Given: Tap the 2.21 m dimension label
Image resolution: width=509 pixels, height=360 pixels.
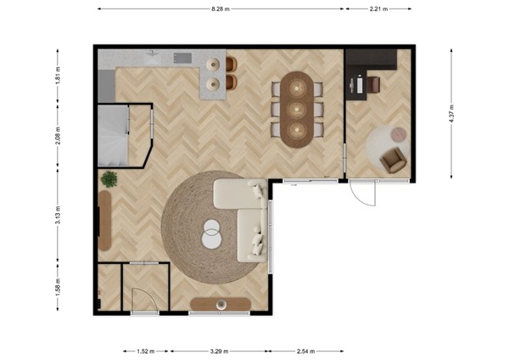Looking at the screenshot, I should [x=378, y=9].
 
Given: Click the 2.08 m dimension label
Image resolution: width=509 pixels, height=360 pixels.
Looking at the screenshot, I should [x=58, y=134].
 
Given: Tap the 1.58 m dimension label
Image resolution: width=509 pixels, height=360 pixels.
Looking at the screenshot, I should [x=58, y=289].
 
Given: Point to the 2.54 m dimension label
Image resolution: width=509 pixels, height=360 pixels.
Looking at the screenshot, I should [x=306, y=349].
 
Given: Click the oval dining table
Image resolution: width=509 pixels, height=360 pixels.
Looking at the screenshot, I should [x=297, y=110].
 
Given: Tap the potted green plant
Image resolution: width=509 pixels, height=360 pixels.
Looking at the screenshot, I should [x=109, y=178].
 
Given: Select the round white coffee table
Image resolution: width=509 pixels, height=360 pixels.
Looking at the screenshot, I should [x=212, y=233].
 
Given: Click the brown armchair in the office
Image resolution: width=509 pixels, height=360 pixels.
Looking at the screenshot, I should [x=393, y=159].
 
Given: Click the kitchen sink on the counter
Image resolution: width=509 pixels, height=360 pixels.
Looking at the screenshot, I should [x=182, y=58].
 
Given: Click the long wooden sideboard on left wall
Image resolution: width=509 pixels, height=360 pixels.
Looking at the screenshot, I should [x=105, y=219].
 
